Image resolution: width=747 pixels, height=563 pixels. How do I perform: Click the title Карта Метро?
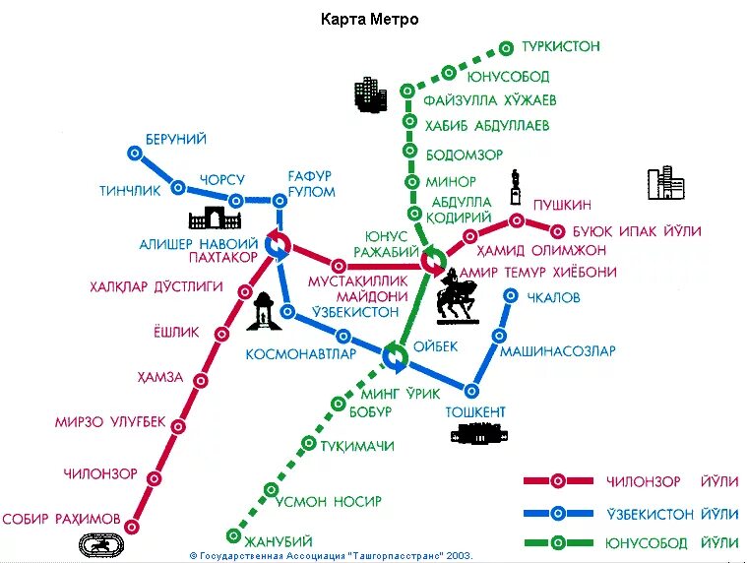[x=370, y=20]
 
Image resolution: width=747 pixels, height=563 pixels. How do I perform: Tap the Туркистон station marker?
[x=506, y=47]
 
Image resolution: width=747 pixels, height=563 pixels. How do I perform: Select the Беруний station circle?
[x=135, y=153]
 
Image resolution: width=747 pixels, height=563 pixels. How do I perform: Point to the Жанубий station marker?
[x=233, y=536]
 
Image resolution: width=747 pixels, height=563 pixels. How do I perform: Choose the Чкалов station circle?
[x=511, y=295]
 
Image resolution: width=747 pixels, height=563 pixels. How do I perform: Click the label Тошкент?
[x=475, y=411]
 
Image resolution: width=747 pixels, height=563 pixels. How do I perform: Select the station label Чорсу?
[x=222, y=180]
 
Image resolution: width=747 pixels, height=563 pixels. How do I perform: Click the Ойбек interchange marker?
[x=396, y=355]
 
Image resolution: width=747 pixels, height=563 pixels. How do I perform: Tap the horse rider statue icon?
[x=456, y=296]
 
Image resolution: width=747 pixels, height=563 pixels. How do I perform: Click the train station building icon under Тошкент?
[x=475, y=433]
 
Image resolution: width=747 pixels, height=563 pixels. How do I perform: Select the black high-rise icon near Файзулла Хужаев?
[x=370, y=94]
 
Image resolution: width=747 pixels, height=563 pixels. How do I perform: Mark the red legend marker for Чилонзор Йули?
[x=557, y=481]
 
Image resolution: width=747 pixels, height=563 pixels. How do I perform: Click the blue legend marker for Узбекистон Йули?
[x=557, y=513]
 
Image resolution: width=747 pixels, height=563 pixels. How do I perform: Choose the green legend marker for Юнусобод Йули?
[x=557, y=542]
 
